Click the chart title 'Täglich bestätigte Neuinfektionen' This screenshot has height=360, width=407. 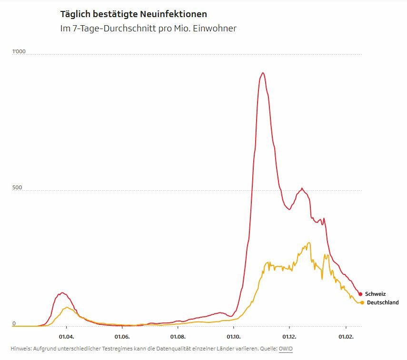134,14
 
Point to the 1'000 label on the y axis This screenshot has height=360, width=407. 19,51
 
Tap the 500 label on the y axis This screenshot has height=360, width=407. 17,187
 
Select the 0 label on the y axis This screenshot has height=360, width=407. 14,323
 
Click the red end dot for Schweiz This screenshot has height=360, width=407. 360,294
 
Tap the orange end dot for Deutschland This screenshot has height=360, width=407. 362,302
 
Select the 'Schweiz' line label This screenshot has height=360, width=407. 375,294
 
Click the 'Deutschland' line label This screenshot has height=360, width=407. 383,302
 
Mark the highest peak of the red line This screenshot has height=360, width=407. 262,73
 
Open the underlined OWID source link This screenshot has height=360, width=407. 286,349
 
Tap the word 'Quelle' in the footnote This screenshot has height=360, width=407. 268,349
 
